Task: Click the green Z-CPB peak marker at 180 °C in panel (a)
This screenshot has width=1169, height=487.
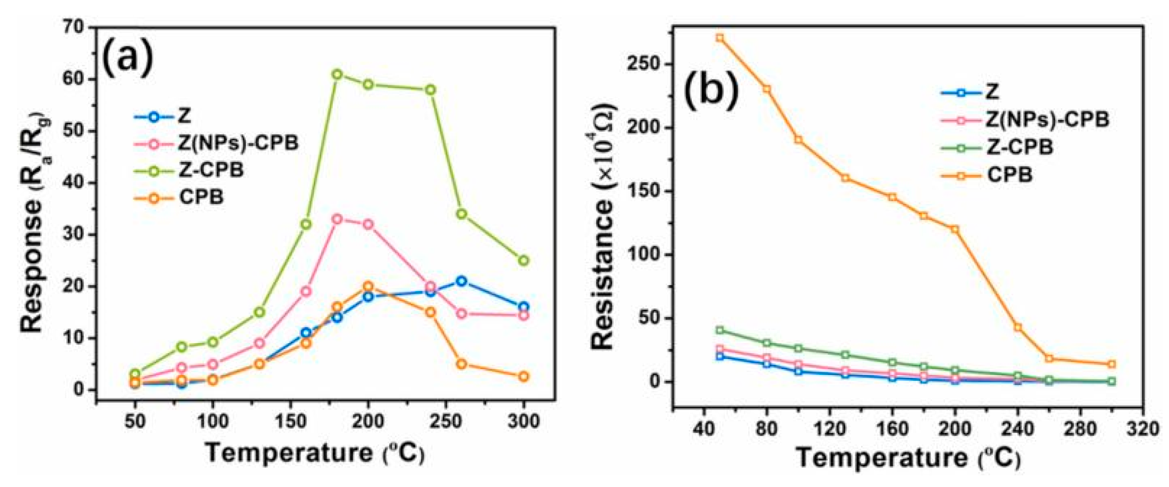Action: point(337,74)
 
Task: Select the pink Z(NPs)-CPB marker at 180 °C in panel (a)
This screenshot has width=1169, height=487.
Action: point(337,219)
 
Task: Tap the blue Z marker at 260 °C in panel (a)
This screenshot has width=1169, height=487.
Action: point(461,281)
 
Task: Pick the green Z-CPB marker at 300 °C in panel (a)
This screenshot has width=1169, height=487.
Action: point(523,260)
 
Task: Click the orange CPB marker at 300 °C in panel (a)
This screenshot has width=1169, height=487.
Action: point(523,377)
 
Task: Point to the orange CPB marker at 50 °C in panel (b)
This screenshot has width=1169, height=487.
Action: point(720,38)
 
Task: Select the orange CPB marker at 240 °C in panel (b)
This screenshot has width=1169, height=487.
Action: point(1018,328)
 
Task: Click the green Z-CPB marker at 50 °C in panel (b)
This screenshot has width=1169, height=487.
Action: point(720,330)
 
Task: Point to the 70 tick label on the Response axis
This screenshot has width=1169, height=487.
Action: point(74,28)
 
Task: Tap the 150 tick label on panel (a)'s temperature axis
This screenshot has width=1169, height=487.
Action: point(290,422)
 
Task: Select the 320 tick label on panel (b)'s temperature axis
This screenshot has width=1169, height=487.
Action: point(1144,428)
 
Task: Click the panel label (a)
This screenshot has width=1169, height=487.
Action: point(128,57)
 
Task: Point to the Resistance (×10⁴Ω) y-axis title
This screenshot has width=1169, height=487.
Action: point(603,228)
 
